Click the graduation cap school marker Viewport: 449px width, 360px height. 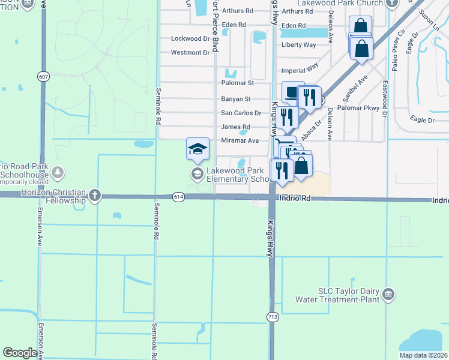click(x=197, y=149)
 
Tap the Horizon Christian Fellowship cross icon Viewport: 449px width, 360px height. click(x=95, y=195)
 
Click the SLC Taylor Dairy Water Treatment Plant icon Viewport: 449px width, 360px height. click(x=388, y=294)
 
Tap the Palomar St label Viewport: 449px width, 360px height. click(x=238, y=83)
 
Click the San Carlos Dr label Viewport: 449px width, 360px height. click(x=241, y=113)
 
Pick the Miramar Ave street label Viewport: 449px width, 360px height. click(x=240, y=140)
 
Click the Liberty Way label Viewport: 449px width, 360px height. click(x=299, y=45)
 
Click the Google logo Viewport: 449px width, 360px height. click(x=20, y=353)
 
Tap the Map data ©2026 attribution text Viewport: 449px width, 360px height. click(x=423, y=355)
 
